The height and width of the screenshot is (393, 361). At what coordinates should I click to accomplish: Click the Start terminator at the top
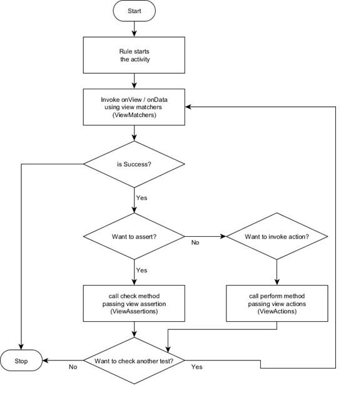134,11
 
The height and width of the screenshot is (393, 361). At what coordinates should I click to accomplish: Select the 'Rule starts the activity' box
134,56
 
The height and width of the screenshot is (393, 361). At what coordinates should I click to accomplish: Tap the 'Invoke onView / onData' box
134,107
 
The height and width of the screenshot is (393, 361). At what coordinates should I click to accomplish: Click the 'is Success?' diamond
134,164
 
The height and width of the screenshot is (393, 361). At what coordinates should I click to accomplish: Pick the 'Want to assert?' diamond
134,237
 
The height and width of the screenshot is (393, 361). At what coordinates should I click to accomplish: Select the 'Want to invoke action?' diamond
277,237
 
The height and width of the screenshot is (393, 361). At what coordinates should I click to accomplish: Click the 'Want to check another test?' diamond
134,361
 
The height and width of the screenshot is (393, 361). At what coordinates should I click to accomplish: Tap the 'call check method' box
134,303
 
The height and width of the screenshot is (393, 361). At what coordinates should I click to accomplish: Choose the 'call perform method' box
277,303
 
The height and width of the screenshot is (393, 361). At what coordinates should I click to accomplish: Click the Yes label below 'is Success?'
141,197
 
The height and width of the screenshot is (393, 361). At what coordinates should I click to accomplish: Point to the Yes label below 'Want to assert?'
141,270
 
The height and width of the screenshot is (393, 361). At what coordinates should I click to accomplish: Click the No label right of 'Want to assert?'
195,242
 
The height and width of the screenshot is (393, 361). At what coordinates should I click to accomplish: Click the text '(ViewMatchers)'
134,116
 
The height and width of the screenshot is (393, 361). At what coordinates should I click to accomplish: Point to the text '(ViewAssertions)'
134,311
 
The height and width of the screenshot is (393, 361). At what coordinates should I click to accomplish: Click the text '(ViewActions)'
277,311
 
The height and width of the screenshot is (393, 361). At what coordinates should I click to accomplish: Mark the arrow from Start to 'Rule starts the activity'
134,29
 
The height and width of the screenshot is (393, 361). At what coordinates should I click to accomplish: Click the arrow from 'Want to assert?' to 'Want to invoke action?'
205,237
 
